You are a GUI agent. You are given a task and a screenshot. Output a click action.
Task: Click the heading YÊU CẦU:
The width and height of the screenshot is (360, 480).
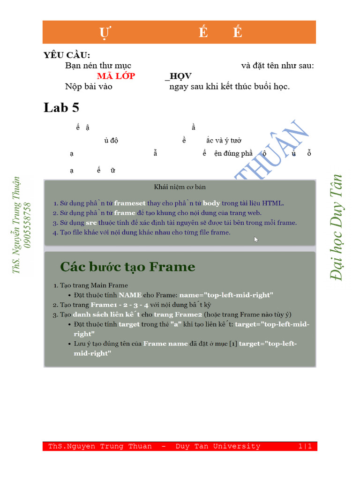pos(67,55)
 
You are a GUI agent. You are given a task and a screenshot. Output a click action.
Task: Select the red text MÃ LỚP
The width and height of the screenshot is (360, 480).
pos(116,76)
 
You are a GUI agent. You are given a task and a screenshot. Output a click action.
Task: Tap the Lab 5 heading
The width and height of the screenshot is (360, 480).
pos(61,108)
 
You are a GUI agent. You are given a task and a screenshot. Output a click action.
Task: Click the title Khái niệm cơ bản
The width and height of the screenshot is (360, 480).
pos(180,187)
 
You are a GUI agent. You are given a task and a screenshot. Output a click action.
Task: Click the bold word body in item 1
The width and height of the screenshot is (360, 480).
pos(211,203)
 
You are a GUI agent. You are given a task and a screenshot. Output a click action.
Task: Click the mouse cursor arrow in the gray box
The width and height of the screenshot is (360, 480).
pos(256,240)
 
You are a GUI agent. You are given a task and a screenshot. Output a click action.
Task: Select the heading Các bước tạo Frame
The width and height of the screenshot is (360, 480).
pos(127,267)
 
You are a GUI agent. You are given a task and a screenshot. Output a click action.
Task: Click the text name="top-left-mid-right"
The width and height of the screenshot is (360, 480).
pos(226,295)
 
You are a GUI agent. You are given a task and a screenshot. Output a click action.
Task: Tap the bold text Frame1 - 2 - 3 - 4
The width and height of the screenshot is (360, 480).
pos(120,305)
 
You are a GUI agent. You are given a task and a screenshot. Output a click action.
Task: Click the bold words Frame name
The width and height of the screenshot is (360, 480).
pos(165,344)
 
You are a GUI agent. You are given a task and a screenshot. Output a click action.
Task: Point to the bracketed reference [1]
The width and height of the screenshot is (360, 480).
pos(232,344)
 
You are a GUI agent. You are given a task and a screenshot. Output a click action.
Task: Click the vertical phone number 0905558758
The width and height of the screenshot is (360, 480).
pos(27,225)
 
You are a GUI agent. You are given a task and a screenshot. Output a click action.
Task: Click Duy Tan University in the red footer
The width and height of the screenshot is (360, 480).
pos(218,446)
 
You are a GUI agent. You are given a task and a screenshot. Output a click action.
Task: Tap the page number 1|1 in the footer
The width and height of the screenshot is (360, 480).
pos(305,446)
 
